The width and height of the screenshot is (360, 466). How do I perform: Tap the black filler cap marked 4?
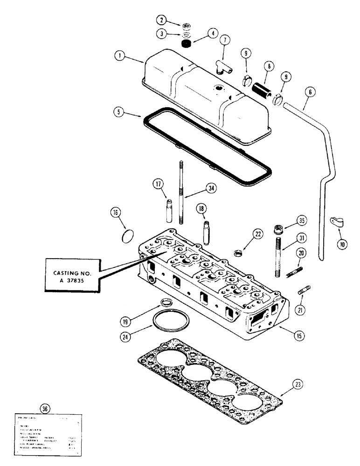point(187,43)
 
